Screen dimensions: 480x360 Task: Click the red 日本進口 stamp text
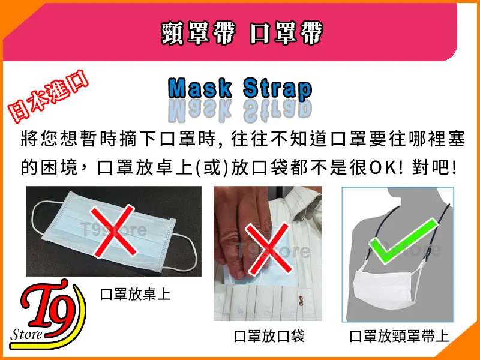[48, 96]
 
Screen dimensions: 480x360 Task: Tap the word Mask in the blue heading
[200, 88]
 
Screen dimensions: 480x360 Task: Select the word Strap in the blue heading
[278, 89]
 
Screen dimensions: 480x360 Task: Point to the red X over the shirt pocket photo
[268, 248]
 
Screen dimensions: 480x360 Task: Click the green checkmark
[404, 242]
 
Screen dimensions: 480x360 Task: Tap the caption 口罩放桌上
[136, 294]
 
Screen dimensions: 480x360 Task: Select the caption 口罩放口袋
[269, 336]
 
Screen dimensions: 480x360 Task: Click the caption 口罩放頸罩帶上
[399, 336]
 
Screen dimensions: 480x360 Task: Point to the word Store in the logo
[26, 334]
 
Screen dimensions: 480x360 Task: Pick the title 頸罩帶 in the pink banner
[199, 33]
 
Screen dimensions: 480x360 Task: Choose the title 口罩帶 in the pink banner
[286, 33]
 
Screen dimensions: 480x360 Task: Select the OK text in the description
[383, 167]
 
